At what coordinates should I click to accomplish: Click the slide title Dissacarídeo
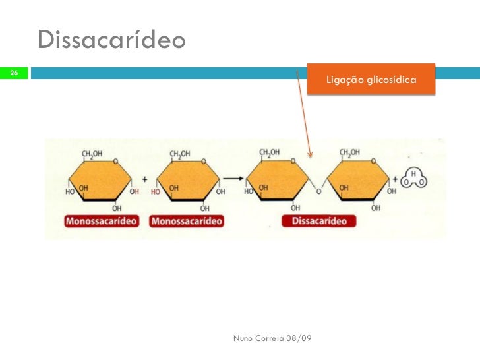tap(112, 40)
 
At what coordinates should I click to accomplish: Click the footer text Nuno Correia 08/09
tap(273, 338)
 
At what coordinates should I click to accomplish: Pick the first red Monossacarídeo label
tap(102, 222)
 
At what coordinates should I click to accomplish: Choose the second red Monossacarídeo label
tap(187, 222)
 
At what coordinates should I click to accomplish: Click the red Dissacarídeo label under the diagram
tap(319, 222)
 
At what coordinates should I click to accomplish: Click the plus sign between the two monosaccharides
tap(144, 179)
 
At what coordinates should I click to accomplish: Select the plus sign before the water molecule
tap(396, 179)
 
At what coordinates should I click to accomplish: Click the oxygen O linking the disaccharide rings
tap(318, 192)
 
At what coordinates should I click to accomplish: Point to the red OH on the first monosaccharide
tap(135, 192)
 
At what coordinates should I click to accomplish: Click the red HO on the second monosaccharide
tap(156, 192)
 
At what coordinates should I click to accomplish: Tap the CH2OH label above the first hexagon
tap(92, 154)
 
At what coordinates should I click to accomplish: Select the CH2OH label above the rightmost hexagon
tap(349, 153)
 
